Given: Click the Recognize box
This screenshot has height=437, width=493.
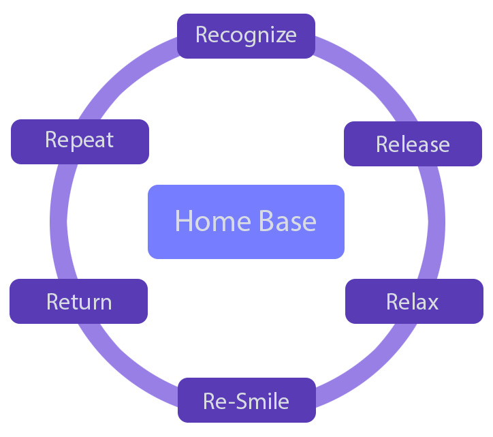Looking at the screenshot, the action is click(246, 36).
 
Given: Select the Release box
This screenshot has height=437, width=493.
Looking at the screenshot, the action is click(413, 144).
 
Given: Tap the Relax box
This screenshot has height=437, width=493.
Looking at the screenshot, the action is click(414, 301).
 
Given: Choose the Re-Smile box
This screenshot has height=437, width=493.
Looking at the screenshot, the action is click(246, 400).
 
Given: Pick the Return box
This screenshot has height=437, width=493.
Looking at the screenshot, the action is click(78, 301).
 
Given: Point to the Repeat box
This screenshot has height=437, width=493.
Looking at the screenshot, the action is click(80, 142).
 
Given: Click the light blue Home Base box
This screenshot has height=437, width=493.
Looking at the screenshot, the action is click(246, 222).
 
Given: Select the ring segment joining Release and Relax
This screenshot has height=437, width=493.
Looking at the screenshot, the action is click(436, 222).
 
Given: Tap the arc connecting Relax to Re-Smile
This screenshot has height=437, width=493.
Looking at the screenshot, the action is click(374, 372).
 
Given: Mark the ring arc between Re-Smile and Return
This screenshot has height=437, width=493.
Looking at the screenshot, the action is click(119, 372).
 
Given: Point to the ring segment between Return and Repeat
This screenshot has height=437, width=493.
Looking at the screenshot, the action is click(59, 222).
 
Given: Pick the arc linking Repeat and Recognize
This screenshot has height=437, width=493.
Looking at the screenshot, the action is click(119, 72).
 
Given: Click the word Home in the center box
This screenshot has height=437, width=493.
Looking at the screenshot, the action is click(213, 221).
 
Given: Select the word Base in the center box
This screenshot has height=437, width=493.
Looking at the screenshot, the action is click(287, 221).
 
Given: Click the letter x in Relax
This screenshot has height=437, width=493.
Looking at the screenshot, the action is click(432, 303).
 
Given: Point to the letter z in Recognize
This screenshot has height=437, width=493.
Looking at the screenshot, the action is click(278, 36).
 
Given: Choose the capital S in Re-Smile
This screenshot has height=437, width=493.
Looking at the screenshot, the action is click(242, 401).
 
